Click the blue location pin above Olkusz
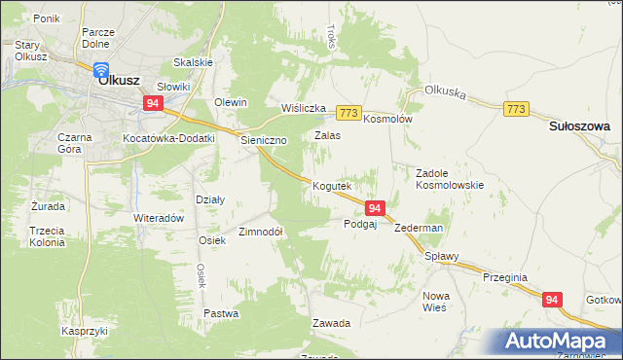[x=101, y=69]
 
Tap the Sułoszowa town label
[x=579, y=126]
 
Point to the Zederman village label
[x=420, y=228]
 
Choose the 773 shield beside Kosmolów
[x=350, y=113]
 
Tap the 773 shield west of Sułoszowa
[x=516, y=110]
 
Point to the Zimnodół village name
[x=261, y=232]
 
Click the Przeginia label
[x=504, y=277]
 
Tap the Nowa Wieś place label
[x=434, y=301]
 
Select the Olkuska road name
[x=446, y=93]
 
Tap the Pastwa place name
[x=221, y=313]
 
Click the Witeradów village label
[x=159, y=219]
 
